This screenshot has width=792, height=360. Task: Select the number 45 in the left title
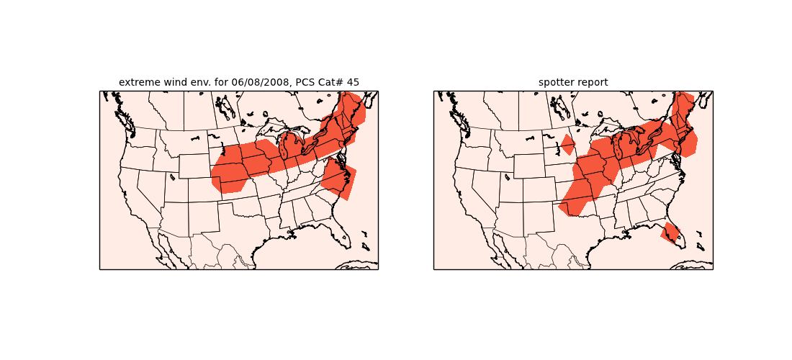pos(353,82)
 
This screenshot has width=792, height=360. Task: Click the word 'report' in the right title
pos(592,82)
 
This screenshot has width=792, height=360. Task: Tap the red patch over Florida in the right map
pos(670,233)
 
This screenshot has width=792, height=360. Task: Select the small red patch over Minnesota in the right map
pos(567,144)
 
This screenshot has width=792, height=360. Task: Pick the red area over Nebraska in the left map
pos(232,173)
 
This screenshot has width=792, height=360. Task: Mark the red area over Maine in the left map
pos(354,108)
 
